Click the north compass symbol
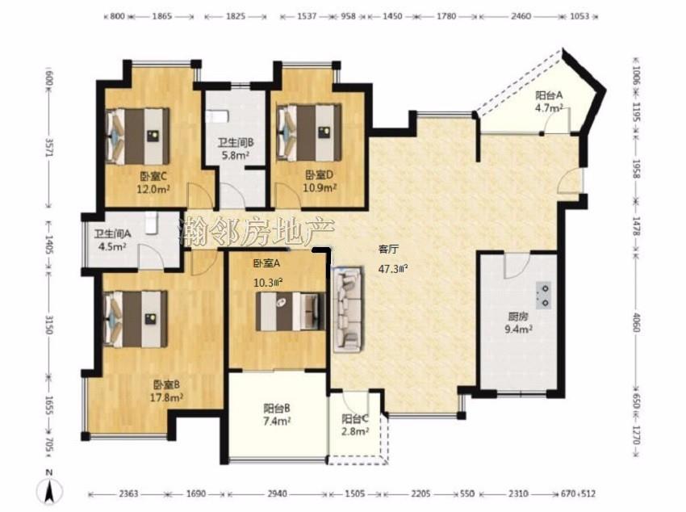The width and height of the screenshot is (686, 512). click(50, 488)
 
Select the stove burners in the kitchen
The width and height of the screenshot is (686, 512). click(544, 296)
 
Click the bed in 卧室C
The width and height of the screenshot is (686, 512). click(137, 136)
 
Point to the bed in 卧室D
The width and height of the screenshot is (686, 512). click(309, 132)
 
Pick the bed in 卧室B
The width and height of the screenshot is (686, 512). click(136, 319)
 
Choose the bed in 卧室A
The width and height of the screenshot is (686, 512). click(291, 312)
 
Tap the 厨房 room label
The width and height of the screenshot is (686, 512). click(518, 317)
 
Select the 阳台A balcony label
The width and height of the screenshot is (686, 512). click(549, 95)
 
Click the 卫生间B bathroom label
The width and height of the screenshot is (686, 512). click(236, 142)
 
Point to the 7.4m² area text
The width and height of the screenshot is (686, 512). click(278, 422)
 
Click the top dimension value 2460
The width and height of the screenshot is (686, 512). click(521, 16)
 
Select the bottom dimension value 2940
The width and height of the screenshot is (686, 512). click(278, 494)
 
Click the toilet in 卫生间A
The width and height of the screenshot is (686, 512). click(151, 223)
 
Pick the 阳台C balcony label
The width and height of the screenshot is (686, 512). click(355, 419)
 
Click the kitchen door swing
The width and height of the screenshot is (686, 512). click(517, 266)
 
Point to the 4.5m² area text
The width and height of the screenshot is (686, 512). click(112, 246)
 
